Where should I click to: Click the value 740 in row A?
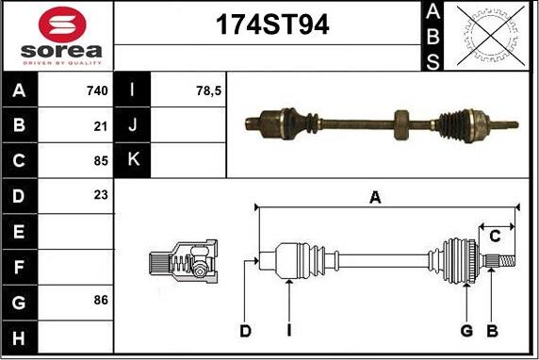pos(97,91)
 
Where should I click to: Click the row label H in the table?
pos(19,335)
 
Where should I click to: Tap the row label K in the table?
pos(133,160)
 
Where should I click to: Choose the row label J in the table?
pos(133,125)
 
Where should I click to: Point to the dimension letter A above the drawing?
pos(375,197)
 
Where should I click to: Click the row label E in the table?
pos(19,231)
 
